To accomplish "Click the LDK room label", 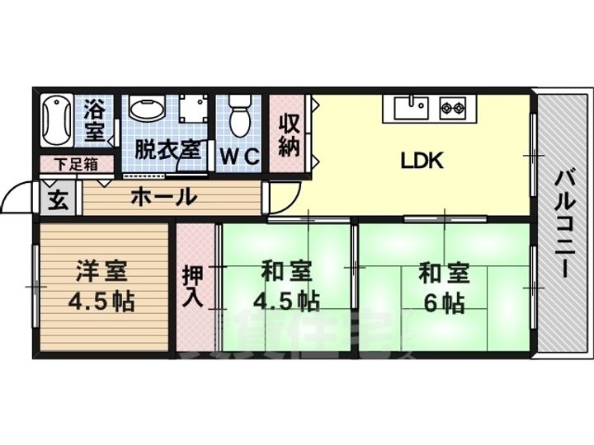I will tap(422, 160).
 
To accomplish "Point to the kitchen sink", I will tap(410, 107).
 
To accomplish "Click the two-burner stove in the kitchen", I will tap(453, 106).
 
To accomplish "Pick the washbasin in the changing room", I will tap(147, 112).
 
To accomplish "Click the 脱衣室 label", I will tap(167, 150).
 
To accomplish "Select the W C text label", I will tap(238, 155).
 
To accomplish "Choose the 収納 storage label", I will tap(288, 136).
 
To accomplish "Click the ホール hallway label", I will tap(163, 197).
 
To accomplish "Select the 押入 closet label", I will tap(193, 285).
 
